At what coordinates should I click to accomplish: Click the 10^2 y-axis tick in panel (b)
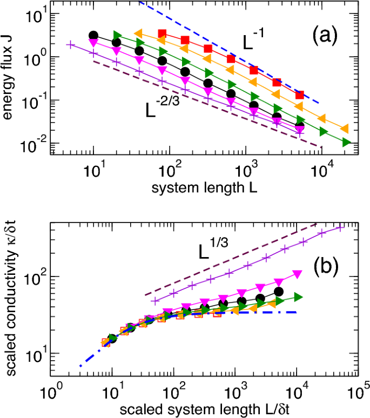[x=33, y=277]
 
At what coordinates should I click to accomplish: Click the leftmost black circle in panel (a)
[x=93, y=36]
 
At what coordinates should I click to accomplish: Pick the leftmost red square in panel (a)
[x=162, y=33]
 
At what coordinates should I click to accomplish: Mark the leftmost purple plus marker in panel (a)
[x=69, y=44]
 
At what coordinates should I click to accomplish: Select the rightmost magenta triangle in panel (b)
[x=297, y=273]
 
